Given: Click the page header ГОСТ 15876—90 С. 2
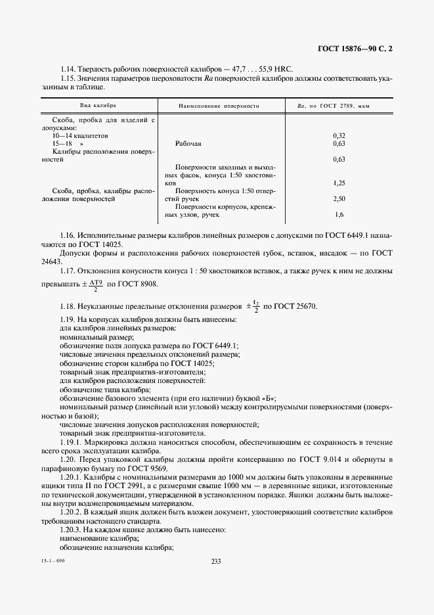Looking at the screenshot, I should pyautogui.click(x=358, y=48).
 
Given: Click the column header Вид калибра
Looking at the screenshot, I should pyautogui.click(x=98, y=105).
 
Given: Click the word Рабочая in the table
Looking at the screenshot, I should pyautogui.click(x=189, y=143).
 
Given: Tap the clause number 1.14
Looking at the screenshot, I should pyautogui.click(x=67, y=69).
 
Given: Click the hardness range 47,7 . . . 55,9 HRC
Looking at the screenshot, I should pyautogui.click(x=258, y=69).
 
